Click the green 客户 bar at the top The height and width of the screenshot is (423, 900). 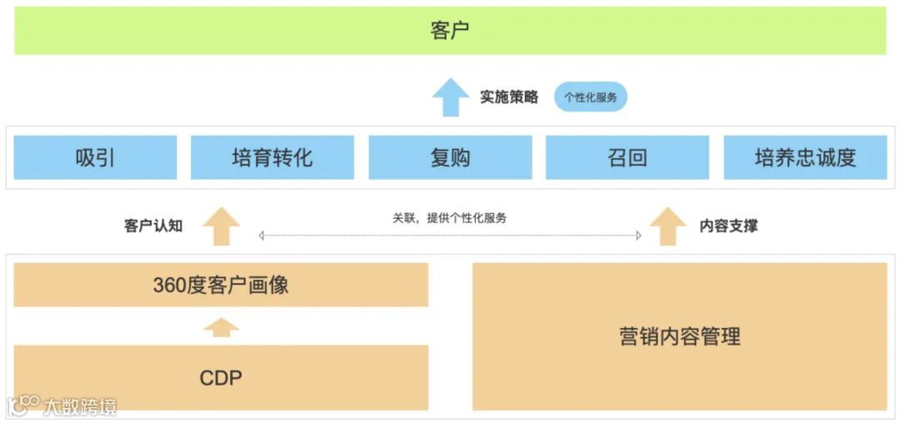point(450,31)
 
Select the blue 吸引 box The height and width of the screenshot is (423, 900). point(95,157)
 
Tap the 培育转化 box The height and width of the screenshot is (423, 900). point(272,157)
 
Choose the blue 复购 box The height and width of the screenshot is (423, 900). point(450,157)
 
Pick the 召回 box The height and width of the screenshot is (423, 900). point(627,157)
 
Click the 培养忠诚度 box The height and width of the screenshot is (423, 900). point(805,157)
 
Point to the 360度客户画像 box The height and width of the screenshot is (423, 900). point(221,285)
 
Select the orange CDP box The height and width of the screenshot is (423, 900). point(221,378)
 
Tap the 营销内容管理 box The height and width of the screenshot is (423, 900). point(680,336)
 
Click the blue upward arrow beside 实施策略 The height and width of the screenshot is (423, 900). point(450,97)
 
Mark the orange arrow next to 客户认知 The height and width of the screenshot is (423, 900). point(221,226)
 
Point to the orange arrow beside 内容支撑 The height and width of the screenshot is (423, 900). point(667,226)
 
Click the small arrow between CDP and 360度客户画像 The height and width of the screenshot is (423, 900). point(221,326)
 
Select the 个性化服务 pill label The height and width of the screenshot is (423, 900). point(591,97)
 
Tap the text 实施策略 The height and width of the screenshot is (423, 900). point(509,97)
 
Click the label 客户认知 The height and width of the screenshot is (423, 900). point(153,226)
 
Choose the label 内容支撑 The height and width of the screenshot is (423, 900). point(729,226)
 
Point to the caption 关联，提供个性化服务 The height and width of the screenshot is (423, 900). point(450,218)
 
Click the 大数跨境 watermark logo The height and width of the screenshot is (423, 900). point(62,406)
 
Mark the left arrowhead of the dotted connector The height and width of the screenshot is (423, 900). point(262,236)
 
